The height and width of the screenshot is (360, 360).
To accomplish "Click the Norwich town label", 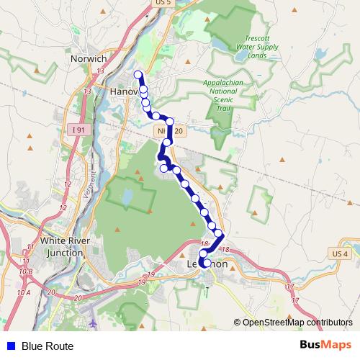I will [90, 58].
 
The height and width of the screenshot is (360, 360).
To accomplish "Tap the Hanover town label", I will [125, 91].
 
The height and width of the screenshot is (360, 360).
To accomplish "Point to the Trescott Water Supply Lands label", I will [257, 48].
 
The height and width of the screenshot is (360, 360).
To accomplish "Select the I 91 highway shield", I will [79, 130].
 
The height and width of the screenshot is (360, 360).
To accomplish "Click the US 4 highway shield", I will [340, 254].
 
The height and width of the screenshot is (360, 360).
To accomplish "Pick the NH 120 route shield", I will [170, 131].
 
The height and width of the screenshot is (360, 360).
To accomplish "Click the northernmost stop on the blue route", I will [138, 75].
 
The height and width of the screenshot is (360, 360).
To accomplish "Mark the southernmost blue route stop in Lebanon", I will [206, 264].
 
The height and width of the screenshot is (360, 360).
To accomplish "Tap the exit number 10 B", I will [26, 271].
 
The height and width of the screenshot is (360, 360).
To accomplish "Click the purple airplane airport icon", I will [93, 322].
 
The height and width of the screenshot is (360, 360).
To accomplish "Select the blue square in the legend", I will [11, 346].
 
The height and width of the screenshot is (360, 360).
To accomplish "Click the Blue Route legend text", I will [48, 346].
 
